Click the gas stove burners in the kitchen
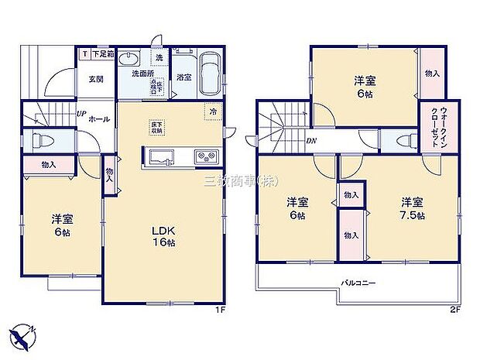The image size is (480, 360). pos(205,157)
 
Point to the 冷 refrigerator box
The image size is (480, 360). pos(213,111)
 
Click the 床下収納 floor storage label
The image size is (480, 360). pos(156,128)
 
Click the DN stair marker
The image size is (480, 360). pos(310,140)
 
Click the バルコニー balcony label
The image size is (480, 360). pos(358,283)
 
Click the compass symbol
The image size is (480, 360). pos(23,334)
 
